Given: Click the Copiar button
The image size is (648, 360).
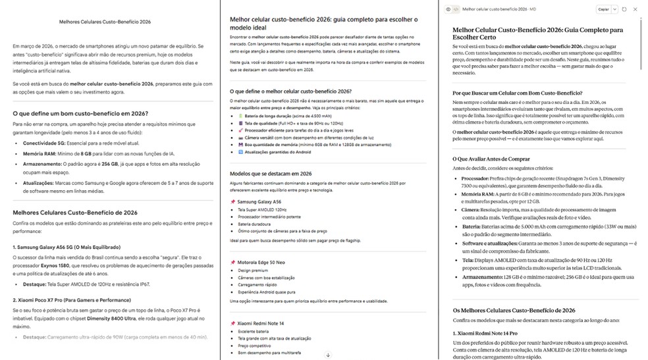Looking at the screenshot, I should [603, 9].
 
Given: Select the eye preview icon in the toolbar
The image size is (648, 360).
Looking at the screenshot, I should [448, 9].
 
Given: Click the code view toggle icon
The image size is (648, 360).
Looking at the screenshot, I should [456, 9].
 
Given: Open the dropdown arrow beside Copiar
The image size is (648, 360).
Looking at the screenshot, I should [614, 9].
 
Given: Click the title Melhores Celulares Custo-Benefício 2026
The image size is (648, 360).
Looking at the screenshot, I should [105, 22].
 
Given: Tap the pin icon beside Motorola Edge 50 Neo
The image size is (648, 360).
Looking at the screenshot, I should [232, 262].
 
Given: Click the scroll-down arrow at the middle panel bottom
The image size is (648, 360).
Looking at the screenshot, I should [328, 355].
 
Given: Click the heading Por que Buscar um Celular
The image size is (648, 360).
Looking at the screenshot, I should [517, 93].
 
